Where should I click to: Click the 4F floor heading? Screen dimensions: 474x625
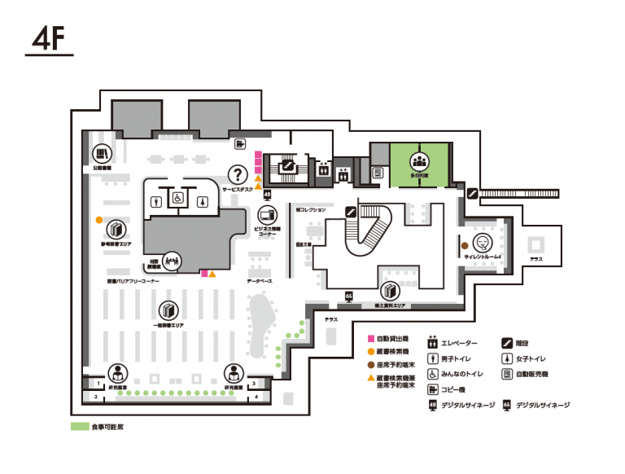(49, 38)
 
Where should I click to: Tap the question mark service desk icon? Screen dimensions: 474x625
(238, 173)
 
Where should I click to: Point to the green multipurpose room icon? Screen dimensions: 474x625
(419, 161)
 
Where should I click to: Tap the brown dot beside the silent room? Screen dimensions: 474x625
(465, 244)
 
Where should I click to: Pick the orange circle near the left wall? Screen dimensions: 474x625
(99, 219)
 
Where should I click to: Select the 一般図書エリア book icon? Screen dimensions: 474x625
(168, 310)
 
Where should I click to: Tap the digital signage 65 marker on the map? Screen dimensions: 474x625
(349, 296)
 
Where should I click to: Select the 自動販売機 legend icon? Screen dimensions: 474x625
(506, 373)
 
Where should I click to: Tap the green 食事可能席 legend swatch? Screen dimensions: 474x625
(79, 426)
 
